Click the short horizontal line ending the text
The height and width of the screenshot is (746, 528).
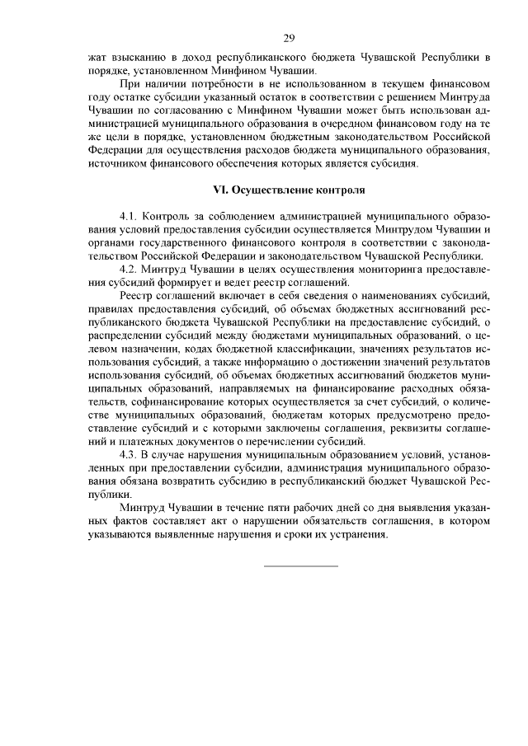300,565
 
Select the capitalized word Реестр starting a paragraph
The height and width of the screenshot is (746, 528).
137,296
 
